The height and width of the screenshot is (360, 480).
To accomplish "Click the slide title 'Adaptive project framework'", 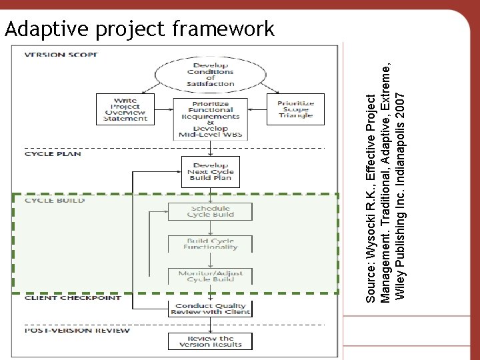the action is (x=139, y=29).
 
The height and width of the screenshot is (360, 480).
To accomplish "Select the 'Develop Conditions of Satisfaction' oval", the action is (x=211, y=73).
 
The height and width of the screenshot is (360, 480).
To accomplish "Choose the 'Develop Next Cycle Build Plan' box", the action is (x=211, y=171).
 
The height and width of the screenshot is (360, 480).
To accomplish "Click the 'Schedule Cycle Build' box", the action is (x=211, y=211).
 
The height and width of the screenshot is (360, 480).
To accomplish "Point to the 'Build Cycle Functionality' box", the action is (x=211, y=244).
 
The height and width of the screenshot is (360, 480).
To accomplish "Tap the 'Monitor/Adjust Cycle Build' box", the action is (x=211, y=276).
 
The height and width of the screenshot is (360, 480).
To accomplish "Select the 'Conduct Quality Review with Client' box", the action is (x=211, y=309).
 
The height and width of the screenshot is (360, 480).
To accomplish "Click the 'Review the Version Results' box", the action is (x=211, y=341).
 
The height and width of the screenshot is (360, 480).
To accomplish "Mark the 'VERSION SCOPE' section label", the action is (x=62, y=55).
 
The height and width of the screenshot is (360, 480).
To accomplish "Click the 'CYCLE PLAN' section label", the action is (x=53, y=154).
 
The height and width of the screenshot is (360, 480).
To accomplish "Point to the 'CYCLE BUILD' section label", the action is (x=55, y=200).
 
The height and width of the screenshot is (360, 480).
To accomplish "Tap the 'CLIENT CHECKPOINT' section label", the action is (x=73, y=298).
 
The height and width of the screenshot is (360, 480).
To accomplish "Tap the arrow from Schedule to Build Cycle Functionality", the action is (x=211, y=228).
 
